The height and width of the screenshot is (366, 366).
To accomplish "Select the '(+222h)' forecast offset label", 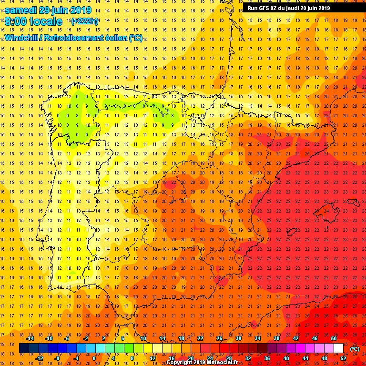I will point(84,21).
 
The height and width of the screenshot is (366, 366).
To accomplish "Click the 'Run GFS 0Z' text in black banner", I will point(264,8).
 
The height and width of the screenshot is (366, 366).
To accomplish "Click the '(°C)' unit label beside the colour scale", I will point(355,349).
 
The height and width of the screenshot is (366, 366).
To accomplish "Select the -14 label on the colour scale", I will point(30,338).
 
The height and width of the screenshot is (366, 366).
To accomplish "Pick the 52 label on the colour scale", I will point(343,358).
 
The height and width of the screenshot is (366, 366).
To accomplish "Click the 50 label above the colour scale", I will point(334,338).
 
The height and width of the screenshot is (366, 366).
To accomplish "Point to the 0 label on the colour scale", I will point(94,358).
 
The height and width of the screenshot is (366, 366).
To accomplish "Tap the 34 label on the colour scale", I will point(257,338).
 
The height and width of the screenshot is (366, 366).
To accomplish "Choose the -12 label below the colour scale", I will point(40,358).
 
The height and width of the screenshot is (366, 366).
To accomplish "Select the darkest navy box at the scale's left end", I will point(24,348).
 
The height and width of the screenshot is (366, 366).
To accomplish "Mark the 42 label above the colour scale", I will point(295,338).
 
